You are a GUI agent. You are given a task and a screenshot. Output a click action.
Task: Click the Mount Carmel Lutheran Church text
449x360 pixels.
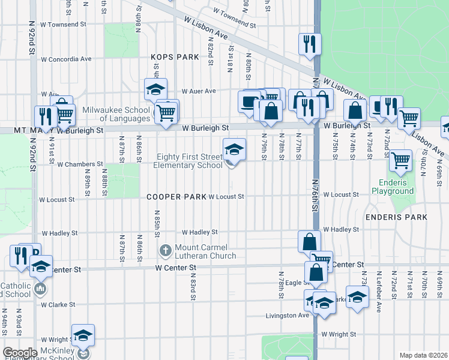206,252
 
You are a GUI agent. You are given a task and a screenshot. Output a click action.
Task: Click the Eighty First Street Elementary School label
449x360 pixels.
189,161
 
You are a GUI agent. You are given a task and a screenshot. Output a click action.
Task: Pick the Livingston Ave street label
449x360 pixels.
288,315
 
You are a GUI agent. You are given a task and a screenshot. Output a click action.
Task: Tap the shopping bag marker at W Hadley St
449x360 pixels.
309,242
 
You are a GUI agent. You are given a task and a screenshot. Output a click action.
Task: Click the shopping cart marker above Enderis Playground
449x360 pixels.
400,160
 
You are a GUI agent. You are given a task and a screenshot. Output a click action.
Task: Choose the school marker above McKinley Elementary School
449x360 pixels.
83,335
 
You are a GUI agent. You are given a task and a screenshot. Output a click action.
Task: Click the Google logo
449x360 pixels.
20,353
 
